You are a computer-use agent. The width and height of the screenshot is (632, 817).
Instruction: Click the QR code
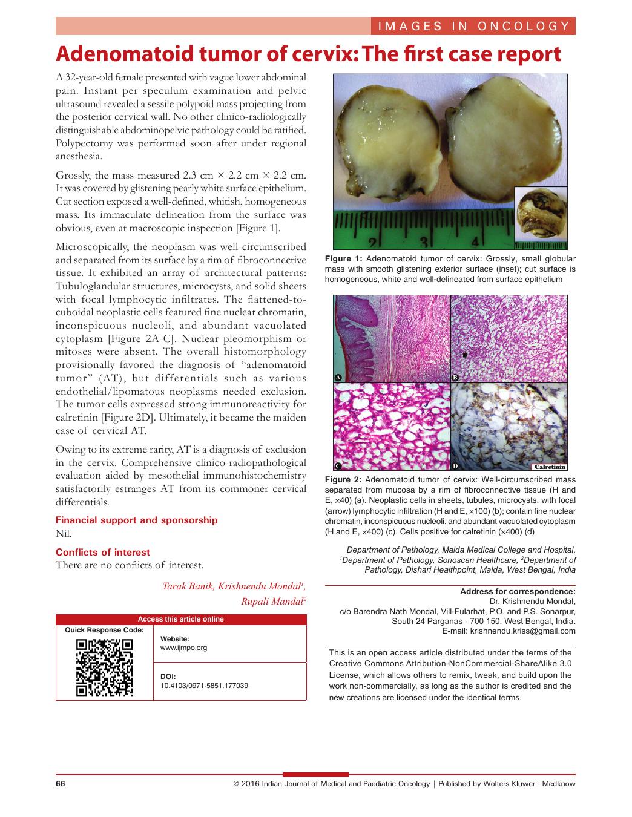(x=104, y=668)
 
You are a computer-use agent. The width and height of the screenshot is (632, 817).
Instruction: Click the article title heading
(x=309, y=54)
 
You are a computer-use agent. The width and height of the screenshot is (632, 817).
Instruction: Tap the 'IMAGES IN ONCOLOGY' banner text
(x=473, y=26)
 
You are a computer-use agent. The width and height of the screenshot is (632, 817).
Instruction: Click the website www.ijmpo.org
(x=183, y=648)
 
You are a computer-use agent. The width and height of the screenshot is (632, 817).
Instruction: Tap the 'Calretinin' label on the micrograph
(x=550, y=467)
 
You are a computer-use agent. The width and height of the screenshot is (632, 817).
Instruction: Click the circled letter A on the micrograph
(x=338, y=378)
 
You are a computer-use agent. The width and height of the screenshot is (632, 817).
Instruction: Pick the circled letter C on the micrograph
(x=338, y=466)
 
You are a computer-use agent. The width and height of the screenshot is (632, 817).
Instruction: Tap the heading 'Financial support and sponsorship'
(x=136, y=520)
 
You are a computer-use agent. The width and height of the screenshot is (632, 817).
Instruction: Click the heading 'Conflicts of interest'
(x=103, y=552)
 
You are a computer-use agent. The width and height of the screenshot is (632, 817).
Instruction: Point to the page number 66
(x=61, y=784)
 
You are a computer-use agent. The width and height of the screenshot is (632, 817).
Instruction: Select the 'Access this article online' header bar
(x=181, y=619)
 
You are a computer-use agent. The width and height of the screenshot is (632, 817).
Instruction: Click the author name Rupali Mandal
(x=272, y=601)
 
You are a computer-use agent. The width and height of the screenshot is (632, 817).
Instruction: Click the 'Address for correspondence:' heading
(x=518, y=591)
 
